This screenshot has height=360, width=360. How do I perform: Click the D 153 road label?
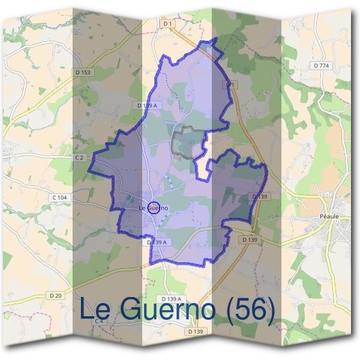pos(83,73)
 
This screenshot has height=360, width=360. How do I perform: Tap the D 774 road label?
pos(322,65)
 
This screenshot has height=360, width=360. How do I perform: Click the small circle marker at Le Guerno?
pos(154,208)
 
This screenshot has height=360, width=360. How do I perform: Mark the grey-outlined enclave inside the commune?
pos(187,143)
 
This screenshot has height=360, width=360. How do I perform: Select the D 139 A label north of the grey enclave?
pos(148,106)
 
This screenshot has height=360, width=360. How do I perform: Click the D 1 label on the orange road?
pos(229,86)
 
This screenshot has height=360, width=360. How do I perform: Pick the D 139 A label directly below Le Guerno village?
pos(156,242)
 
